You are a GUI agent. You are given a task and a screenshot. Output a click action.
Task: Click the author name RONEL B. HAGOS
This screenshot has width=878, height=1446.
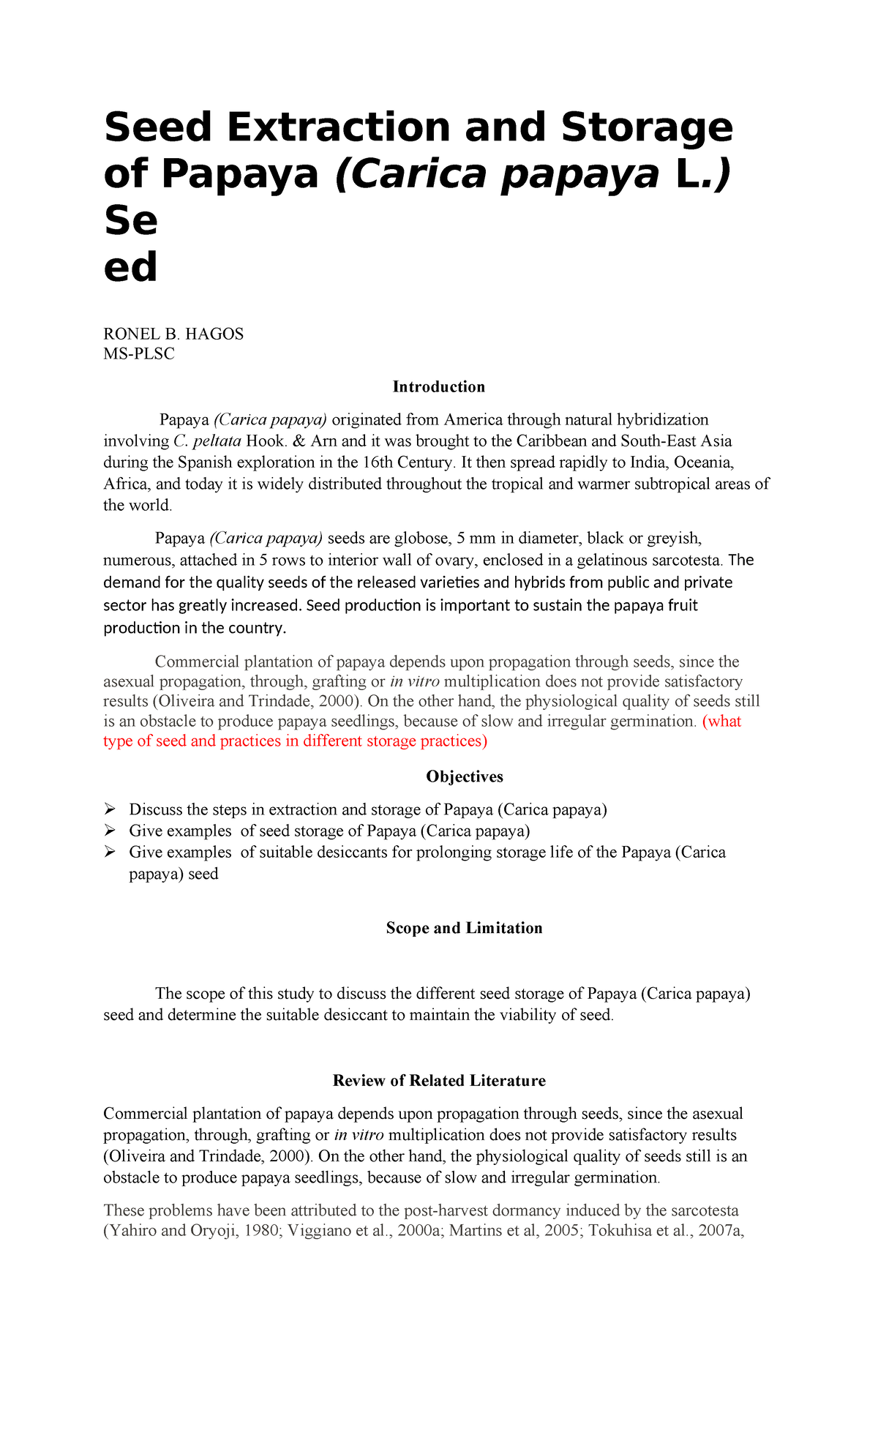click(x=173, y=334)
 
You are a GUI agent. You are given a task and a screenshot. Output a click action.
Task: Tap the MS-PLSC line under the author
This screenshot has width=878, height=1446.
click(x=139, y=354)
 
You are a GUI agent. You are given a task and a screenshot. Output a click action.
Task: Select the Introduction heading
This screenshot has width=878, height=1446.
click(x=438, y=386)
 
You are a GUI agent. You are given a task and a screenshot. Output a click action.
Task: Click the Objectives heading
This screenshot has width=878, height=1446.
click(x=464, y=776)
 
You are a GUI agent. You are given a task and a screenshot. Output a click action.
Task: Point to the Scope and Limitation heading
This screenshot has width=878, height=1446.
click(x=464, y=928)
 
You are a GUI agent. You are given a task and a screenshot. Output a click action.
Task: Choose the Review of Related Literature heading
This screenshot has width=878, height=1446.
click(x=438, y=1081)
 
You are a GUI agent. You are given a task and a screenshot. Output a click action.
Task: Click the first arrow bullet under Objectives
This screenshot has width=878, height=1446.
click(x=110, y=809)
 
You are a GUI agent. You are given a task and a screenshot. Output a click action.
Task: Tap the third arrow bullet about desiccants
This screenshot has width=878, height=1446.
click(x=110, y=852)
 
